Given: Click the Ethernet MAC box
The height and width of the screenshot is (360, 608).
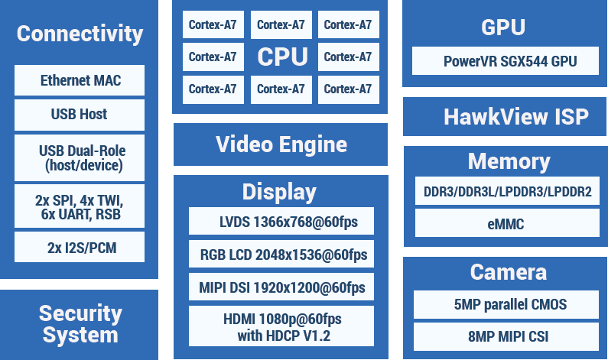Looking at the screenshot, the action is [80, 80].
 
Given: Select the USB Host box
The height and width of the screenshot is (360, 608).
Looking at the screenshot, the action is [80, 115].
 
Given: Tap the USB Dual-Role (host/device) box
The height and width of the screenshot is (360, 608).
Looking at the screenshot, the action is [80, 157].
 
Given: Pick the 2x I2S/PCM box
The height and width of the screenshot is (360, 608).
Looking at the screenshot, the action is [80, 247].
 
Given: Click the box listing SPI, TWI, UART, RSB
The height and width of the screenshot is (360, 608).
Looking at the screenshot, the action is [80, 206].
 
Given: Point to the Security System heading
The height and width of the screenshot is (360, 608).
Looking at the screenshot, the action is [80, 324].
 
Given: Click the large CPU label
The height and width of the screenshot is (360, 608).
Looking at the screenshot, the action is [283, 57].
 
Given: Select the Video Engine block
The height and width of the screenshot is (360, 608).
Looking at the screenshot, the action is [281, 144].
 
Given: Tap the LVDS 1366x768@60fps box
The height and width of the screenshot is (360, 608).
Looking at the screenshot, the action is [281, 221].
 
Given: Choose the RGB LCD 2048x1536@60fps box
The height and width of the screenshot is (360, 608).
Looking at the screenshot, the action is [281, 254].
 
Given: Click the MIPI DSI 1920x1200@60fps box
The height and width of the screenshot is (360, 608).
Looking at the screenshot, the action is [281, 287].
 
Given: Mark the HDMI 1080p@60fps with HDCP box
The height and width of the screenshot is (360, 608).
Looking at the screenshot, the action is [281, 326].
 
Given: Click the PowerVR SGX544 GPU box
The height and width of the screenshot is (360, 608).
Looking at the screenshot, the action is [506, 61].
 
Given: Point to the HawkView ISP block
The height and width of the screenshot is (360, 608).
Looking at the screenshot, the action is [505, 117].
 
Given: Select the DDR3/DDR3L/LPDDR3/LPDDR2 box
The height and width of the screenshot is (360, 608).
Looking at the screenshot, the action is [507, 191].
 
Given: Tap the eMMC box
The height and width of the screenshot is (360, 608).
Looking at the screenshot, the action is [507, 223].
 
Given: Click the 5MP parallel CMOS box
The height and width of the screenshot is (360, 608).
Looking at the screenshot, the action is [506, 304].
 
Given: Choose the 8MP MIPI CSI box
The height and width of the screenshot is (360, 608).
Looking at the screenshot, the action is [506, 337].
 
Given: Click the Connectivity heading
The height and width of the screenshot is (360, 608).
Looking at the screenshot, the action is [80, 34].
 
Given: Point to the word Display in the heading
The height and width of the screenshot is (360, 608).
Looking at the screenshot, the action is [280, 192].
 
